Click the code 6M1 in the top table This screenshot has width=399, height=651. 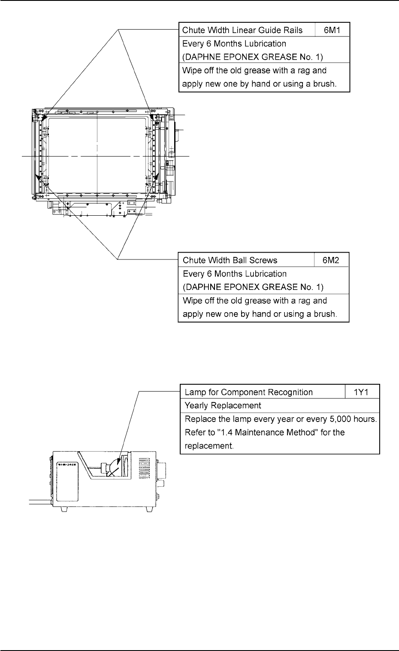click(x=332, y=30)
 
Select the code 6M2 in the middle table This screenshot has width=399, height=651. click(x=332, y=260)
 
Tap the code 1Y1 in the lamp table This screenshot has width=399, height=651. click(x=362, y=392)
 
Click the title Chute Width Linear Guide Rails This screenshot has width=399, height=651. click(x=242, y=30)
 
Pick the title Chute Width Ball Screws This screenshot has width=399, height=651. click(x=230, y=260)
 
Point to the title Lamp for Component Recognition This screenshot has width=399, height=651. click(x=248, y=392)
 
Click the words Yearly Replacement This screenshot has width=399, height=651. click(x=223, y=405)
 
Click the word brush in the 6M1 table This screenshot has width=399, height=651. click(x=323, y=84)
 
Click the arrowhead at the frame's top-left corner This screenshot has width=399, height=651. click(x=44, y=116)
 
